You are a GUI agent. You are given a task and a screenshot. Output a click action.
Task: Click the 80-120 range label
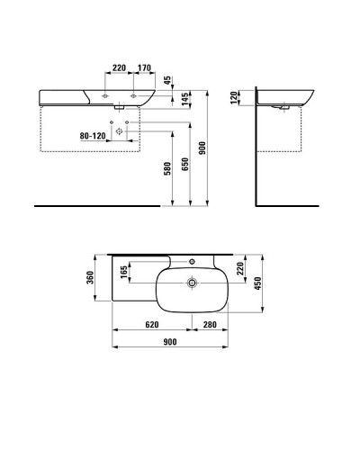point(94,136)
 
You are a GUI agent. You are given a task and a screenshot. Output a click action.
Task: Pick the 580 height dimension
point(167,168)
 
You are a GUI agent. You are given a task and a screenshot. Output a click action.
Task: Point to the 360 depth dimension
point(90,279)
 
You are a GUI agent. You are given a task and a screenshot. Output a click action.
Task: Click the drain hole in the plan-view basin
point(192,283)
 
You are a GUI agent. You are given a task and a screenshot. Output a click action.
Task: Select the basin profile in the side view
point(288,97)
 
